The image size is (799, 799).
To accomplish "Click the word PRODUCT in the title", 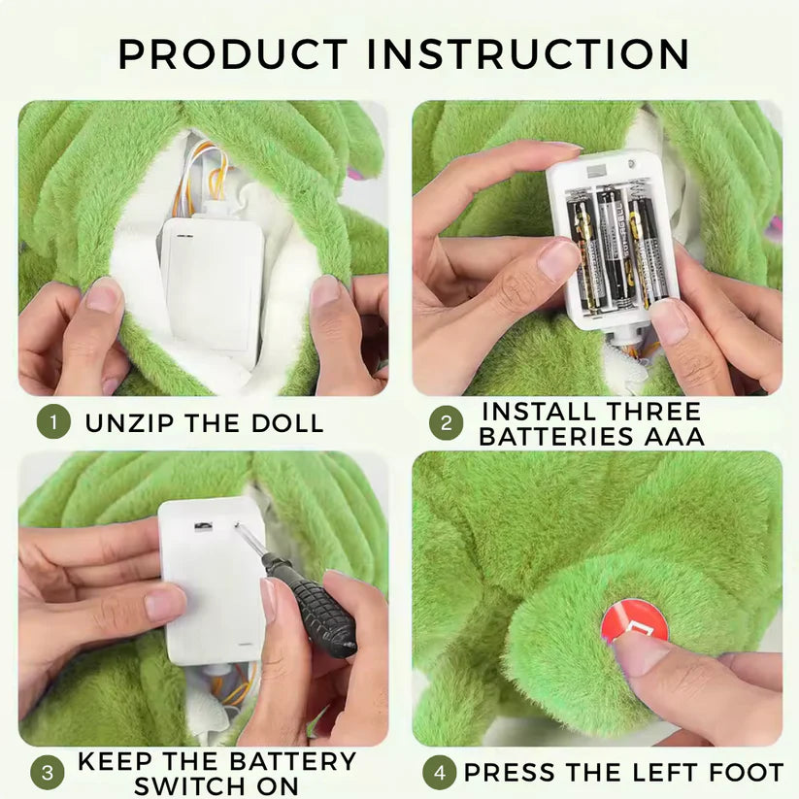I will pos(231,54).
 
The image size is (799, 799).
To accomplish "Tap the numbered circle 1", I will pos(53,422).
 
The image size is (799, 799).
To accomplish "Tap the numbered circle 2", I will pos(446,423).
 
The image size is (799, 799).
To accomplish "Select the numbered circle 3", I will pos(47,773).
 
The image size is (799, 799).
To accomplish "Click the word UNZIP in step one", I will pos(131,423).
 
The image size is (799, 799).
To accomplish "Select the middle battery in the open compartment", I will pos(614,244).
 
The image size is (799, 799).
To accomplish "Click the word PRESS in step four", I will pos(512,773).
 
